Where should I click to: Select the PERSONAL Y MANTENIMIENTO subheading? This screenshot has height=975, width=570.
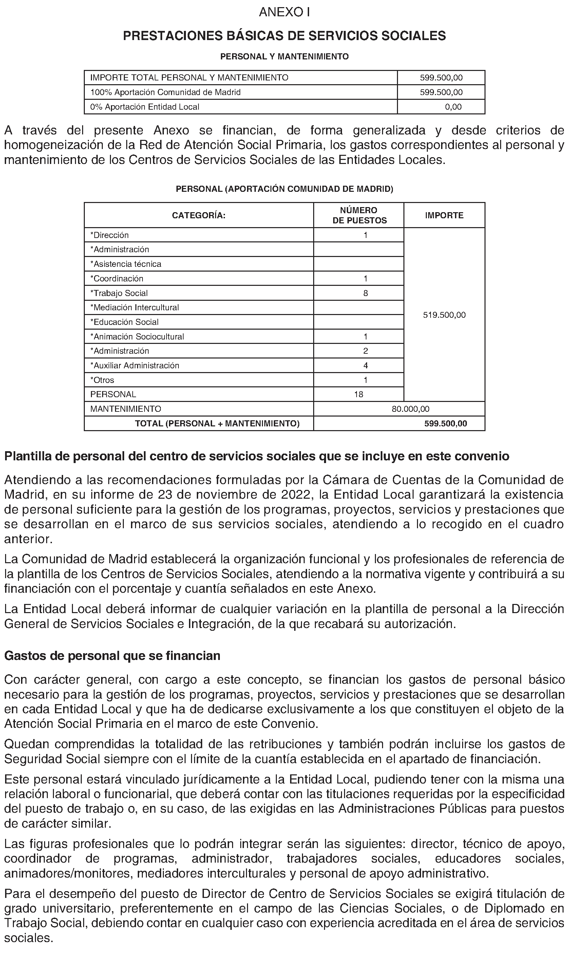(x=284, y=56)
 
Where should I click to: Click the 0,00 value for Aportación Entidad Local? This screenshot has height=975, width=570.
(x=453, y=107)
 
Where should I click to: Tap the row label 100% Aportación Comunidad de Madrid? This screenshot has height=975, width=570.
(x=166, y=92)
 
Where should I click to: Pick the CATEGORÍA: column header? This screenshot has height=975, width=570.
(x=199, y=216)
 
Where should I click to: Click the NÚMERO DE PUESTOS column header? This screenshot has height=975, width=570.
(x=359, y=216)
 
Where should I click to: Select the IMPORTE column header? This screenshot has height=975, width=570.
(x=444, y=216)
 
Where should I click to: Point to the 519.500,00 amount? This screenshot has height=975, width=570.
(x=444, y=315)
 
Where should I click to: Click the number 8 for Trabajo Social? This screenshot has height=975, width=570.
(x=365, y=293)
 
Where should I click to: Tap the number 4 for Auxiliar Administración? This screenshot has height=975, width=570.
(x=365, y=366)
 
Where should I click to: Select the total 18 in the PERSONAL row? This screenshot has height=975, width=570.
(x=359, y=394)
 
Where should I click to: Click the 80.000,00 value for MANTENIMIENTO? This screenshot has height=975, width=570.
(x=410, y=409)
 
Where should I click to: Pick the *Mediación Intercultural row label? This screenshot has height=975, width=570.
(x=135, y=308)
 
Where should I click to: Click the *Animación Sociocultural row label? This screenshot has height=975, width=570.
(x=137, y=337)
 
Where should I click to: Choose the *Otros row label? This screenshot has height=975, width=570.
(x=102, y=380)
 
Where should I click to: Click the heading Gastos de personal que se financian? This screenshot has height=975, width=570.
(x=112, y=656)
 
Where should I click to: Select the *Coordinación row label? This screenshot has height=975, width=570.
(x=117, y=279)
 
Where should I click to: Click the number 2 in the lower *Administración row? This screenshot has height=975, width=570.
(x=365, y=351)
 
